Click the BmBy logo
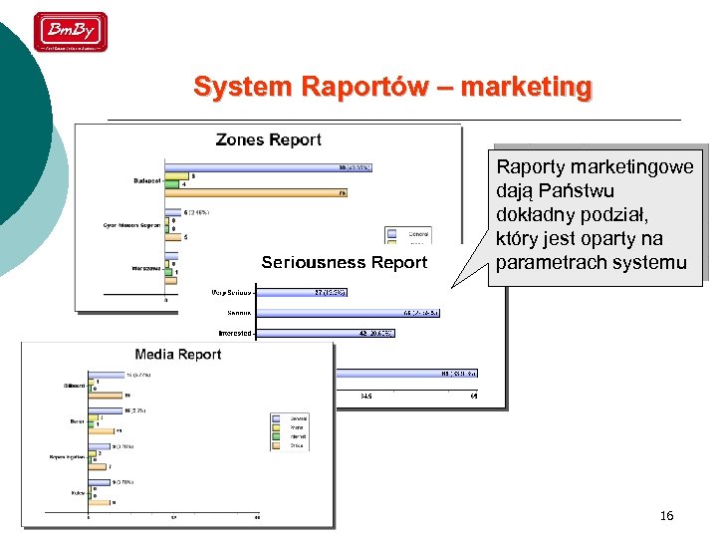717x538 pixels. pos(71,32)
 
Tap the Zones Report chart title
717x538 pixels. pos(269,140)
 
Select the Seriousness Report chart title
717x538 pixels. pos(344,263)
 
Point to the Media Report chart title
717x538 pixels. pos(178,355)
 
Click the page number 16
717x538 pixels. pos(666,515)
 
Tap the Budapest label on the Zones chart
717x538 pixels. pos(147,180)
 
